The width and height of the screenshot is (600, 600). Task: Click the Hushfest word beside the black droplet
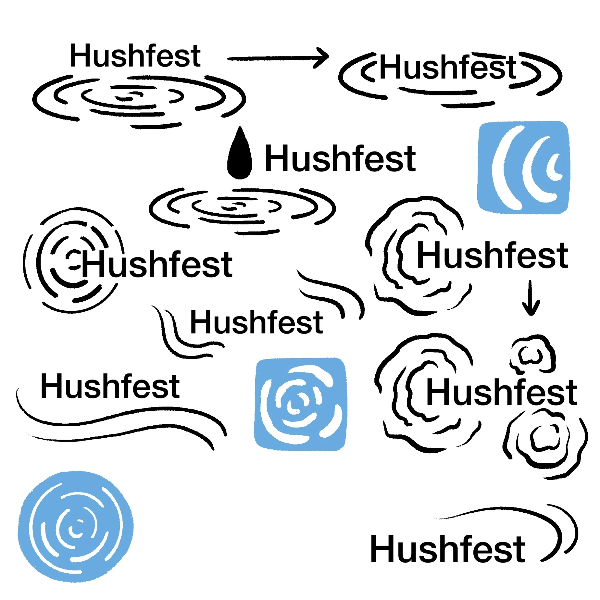point(340,158)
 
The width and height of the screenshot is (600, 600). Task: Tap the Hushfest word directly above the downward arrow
point(493,255)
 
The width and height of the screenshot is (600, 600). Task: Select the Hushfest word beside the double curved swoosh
point(448,549)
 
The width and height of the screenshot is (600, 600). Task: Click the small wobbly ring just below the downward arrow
point(532,354)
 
